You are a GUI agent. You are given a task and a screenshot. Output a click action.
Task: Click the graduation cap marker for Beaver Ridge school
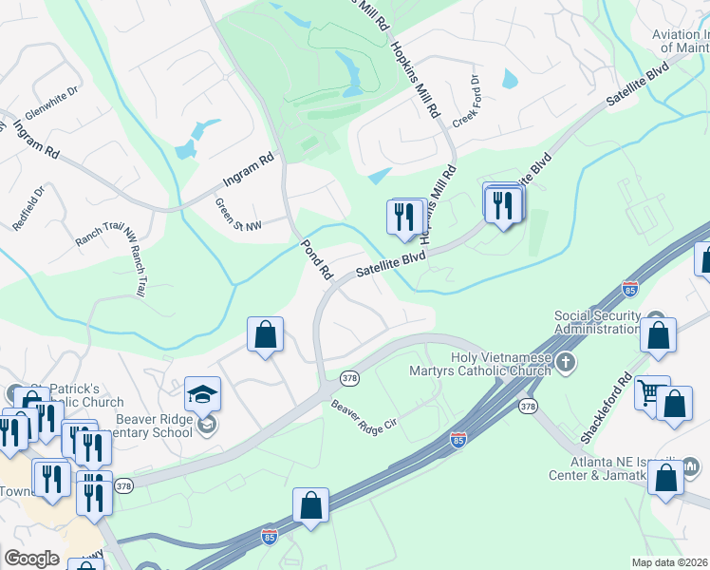click(203, 393)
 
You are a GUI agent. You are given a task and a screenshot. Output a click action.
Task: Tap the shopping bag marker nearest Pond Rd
click(266, 335)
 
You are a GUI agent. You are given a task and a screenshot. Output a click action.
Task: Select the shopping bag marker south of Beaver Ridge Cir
click(311, 506)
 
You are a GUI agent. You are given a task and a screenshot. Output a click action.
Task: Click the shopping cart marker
click(650, 393)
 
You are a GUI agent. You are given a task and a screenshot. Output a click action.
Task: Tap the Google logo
click(31, 559)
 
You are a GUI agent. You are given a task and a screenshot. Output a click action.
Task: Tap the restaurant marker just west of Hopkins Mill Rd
click(405, 218)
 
